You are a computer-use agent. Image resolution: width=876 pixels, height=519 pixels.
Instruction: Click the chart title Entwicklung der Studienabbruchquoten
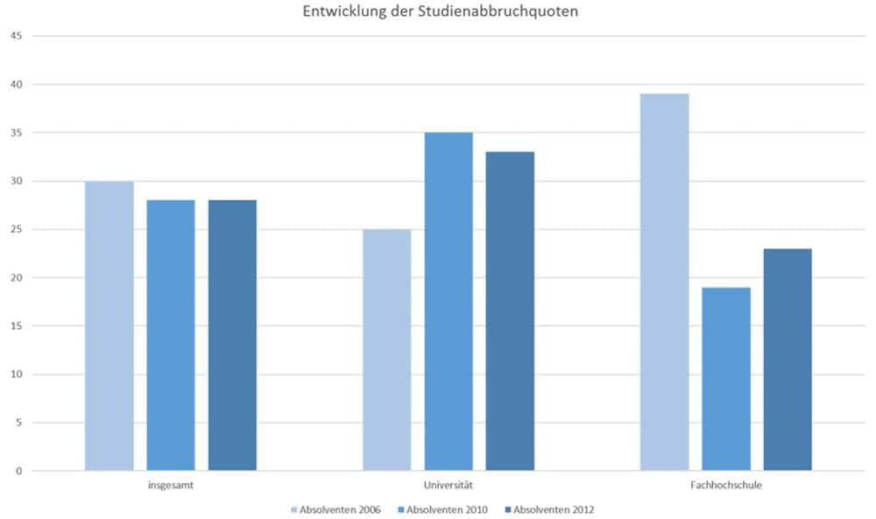(441, 12)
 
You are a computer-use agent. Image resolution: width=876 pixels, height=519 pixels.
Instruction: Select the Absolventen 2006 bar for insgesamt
(109, 326)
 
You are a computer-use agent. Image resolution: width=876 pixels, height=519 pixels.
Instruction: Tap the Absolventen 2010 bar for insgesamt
(171, 336)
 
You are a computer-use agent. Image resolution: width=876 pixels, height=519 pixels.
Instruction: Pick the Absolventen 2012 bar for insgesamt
(232, 336)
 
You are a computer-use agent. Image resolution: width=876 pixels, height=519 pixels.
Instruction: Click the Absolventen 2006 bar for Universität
(386, 350)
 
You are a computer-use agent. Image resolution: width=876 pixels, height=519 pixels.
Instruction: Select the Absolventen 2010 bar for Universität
(449, 302)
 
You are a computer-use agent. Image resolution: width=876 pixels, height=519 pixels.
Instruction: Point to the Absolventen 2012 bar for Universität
(510, 311)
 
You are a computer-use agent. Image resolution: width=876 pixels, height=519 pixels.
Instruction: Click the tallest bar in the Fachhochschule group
(664, 282)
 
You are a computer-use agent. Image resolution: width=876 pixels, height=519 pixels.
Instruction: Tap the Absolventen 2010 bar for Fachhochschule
(726, 379)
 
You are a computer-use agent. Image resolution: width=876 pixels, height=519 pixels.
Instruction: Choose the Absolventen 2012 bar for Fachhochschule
(788, 359)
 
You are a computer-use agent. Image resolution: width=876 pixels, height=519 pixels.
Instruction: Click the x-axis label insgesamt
(171, 484)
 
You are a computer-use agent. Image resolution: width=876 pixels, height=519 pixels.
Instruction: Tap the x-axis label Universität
(449, 484)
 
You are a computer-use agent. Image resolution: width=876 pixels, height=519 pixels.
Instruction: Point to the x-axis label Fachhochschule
(726, 484)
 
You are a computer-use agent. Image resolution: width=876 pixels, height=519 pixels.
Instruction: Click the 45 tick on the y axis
(16, 36)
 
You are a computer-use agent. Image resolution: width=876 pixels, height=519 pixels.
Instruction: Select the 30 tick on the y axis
(16, 181)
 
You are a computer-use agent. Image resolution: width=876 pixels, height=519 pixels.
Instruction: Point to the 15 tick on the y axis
(16, 326)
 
